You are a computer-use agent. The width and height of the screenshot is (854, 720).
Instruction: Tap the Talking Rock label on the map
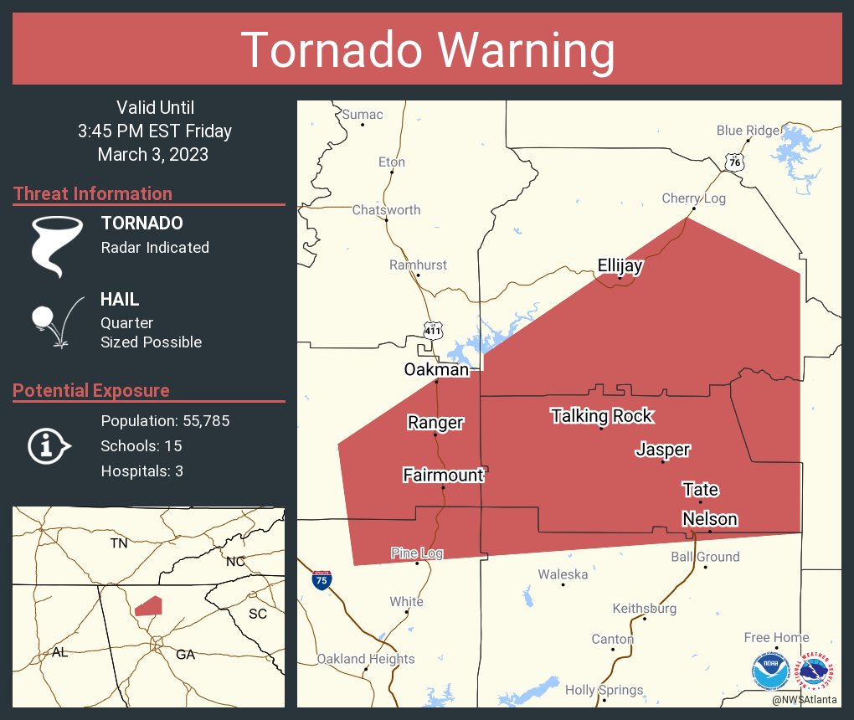[x=600, y=416]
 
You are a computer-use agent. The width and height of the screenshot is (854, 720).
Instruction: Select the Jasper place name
[x=662, y=450]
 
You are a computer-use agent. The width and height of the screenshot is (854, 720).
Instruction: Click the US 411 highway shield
[x=432, y=331]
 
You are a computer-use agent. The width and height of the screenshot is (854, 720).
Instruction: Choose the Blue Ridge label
[x=748, y=131]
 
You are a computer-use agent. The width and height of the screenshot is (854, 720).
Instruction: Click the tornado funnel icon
[x=57, y=245]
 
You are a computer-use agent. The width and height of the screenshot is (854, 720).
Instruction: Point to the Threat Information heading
[x=93, y=194]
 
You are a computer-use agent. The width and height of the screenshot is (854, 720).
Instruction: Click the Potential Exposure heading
[x=91, y=391]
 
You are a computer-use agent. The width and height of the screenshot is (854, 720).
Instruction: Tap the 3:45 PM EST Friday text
[x=154, y=131]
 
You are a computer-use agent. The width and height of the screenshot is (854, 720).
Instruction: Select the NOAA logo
[x=769, y=671]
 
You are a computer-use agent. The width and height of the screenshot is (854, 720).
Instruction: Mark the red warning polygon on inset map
[x=148, y=605]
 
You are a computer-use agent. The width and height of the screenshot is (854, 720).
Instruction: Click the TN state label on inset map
[x=119, y=543]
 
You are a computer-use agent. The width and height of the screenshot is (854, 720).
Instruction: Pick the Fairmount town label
[x=443, y=476]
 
